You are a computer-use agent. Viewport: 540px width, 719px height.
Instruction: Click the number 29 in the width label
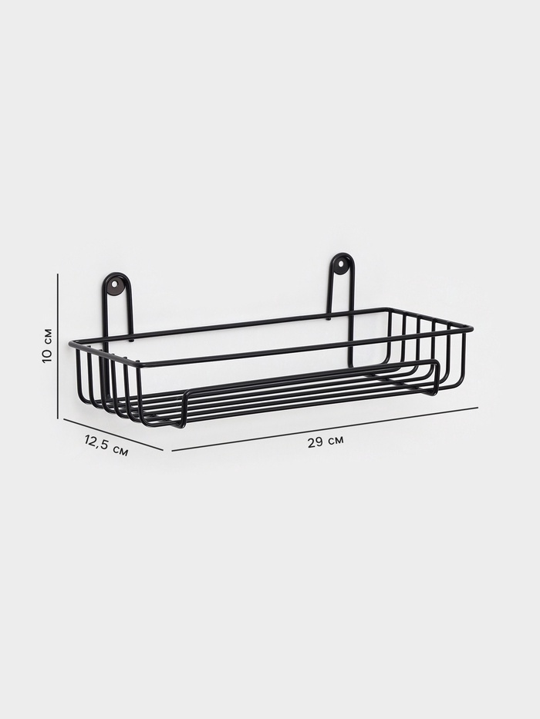315,442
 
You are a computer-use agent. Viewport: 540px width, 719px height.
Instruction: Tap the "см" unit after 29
336,441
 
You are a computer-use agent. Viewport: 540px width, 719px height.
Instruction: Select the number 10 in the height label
47,355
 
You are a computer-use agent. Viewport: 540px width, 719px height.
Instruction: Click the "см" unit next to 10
47,336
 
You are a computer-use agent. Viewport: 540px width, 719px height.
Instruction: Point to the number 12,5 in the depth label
97,442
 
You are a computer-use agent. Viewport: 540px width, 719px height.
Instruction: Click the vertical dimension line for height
58,346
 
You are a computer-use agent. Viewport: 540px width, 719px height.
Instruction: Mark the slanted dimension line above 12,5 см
113,435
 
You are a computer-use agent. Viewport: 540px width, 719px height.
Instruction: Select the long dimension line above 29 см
325,428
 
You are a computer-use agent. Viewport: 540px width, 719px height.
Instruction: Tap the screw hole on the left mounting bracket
114,284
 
